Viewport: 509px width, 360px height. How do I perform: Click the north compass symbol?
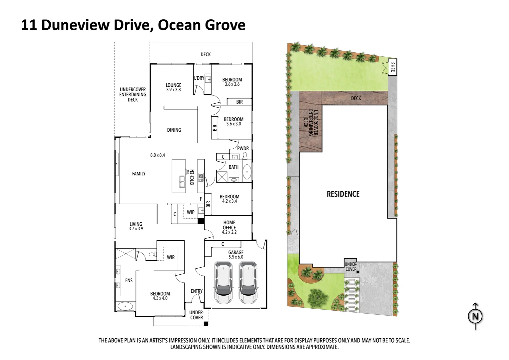[x=475, y=316]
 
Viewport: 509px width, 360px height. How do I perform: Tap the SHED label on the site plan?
[x=392, y=67]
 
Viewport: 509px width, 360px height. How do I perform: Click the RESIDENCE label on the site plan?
[x=343, y=194]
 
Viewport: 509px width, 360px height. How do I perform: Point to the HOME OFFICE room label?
[x=229, y=227]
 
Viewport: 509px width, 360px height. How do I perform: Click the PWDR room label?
[x=243, y=148]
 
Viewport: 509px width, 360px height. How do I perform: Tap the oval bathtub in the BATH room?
[x=247, y=172]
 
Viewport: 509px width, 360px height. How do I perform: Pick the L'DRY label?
[x=199, y=78]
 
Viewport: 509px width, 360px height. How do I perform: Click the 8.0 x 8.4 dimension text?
[x=158, y=155]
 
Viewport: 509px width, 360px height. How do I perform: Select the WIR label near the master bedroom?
[x=171, y=257]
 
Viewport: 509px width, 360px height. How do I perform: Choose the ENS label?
[x=129, y=280]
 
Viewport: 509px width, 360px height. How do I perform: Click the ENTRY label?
[x=197, y=291]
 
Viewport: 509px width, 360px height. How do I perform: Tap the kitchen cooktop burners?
[x=201, y=177]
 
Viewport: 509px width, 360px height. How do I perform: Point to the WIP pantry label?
[x=191, y=212]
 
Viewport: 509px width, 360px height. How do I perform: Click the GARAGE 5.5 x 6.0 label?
[x=236, y=255]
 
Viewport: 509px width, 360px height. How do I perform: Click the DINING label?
[x=174, y=130]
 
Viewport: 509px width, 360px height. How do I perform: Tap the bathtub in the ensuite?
[x=125, y=306]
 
